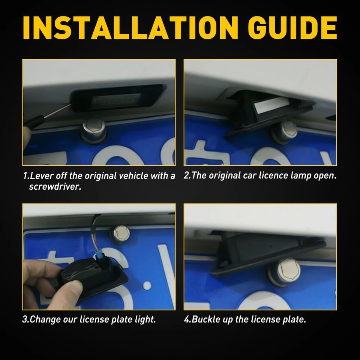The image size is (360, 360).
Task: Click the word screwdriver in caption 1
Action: (55, 186)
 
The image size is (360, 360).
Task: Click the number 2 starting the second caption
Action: (186, 176)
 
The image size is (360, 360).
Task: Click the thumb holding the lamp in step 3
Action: (73, 289)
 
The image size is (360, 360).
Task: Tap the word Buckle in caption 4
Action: (207, 320)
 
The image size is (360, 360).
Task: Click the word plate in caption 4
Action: (295, 320)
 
